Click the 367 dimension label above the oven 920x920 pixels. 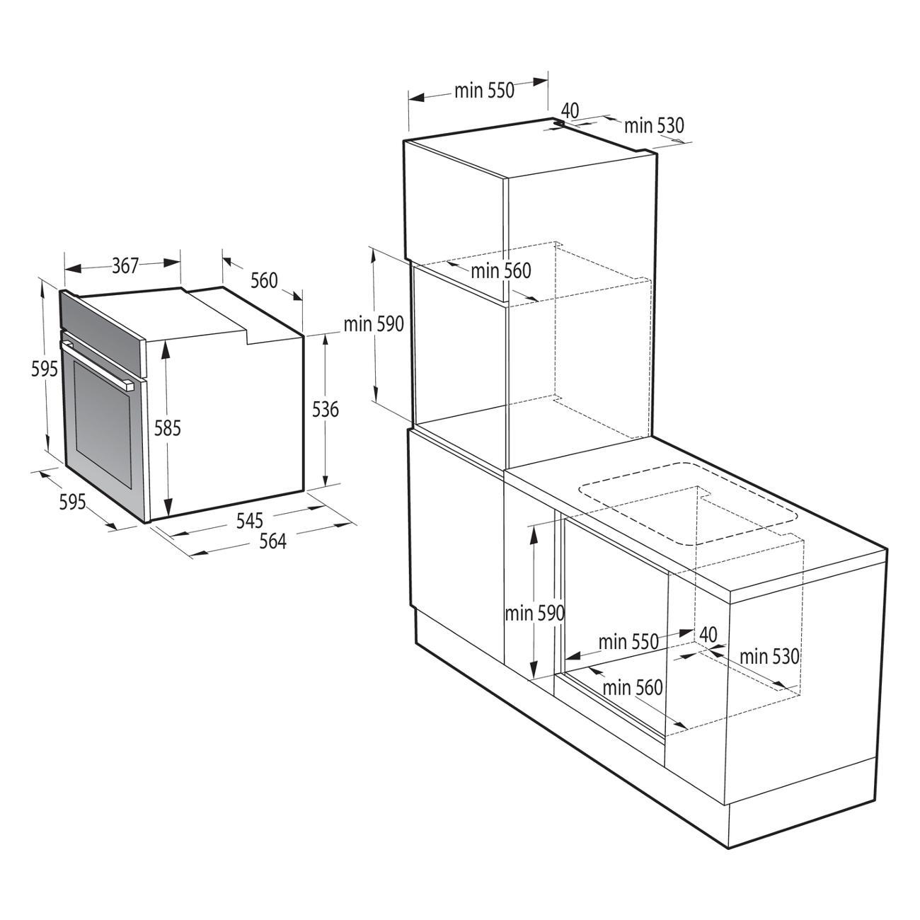point(125,265)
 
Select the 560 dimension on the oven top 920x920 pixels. point(264,280)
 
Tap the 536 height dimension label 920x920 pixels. point(325,409)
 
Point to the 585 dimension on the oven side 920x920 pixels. point(168,428)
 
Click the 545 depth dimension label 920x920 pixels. point(250,520)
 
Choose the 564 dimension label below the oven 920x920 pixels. point(272,541)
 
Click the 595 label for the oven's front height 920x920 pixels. point(45,369)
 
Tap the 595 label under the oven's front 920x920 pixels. point(73,502)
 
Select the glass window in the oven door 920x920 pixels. point(102,423)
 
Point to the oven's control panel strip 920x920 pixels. point(102,327)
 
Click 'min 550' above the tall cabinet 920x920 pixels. point(484,91)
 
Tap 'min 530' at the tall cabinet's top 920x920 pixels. point(654,125)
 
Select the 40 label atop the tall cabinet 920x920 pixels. point(570,111)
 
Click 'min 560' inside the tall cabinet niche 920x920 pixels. point(501,271)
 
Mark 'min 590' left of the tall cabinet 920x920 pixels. point(374,324)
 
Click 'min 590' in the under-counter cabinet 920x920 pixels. point(535,614)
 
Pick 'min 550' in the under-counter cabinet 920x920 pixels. point(628,642)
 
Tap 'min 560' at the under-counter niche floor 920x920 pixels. point(633,688)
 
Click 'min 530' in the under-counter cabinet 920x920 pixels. point(769,657)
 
